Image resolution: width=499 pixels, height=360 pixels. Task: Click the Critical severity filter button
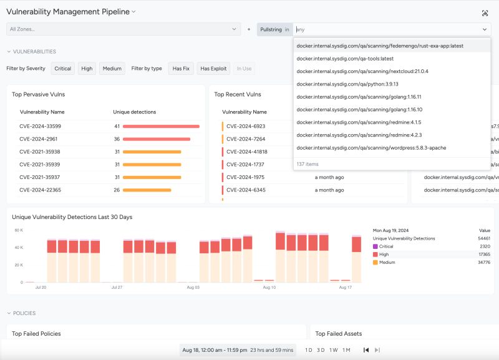tap(63, 69)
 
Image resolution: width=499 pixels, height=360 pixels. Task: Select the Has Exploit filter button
tap(213, 69)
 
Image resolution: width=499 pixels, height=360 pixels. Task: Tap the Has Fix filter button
tap(181, 69)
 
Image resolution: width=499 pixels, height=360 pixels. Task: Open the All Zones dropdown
tap(124, 29)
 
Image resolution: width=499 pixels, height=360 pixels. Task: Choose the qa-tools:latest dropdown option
tap(336, 59)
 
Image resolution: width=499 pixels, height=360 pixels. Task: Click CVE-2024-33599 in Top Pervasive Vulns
tap(40, 126)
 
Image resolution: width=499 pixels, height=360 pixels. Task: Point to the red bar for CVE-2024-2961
tap(157, 139)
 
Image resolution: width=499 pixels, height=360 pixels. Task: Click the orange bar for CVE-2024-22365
tap(147, 190)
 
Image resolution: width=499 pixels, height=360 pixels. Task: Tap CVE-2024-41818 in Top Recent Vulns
tap(247, 152)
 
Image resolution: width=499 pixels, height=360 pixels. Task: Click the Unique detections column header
tap(134, 112)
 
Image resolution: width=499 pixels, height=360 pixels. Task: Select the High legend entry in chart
tap(384, 255)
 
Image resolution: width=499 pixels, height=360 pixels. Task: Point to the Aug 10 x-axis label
tap(269, 288)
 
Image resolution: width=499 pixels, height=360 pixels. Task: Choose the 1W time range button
tap(334, 350)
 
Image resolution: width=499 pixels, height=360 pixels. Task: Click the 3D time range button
tap(321, 350)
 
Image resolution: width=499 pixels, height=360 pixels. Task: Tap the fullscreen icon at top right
tap(485, 13)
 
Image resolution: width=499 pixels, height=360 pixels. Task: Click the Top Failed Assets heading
tap(339, 334)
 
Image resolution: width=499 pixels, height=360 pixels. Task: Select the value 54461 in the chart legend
tap(483, 238)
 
